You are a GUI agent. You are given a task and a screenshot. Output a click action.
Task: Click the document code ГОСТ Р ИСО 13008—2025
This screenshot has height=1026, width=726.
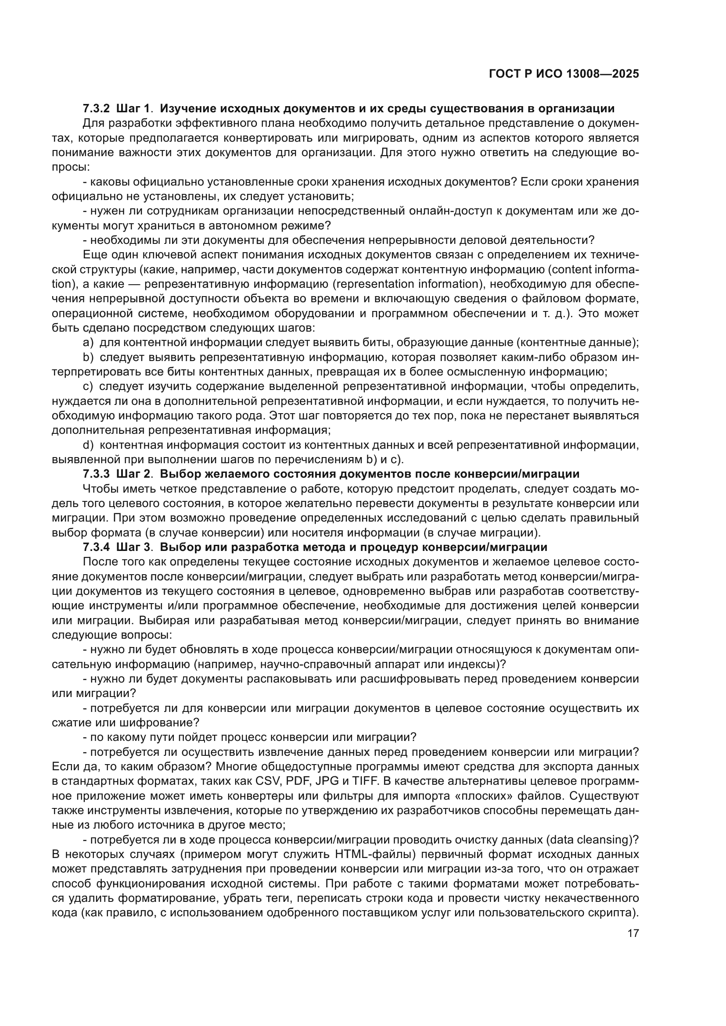[x=564, y=74]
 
